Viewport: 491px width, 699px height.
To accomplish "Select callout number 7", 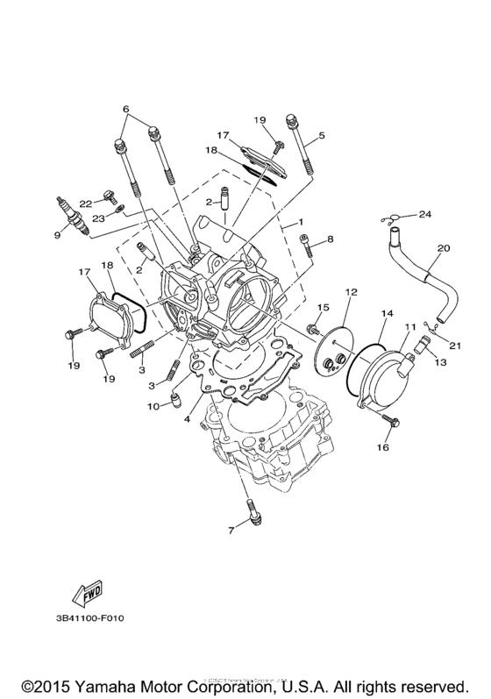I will tap(231, 529).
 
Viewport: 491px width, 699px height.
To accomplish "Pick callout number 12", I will tap(351, 290).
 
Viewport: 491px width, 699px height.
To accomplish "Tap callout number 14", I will tap(386, 312).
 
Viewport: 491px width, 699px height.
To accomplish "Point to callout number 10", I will tap(153, 406).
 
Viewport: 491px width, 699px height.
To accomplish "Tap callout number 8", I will tap(331, 239).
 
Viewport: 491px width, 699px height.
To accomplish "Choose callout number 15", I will tap(324, 307).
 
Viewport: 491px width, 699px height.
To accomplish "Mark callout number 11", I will tap(408, 326).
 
